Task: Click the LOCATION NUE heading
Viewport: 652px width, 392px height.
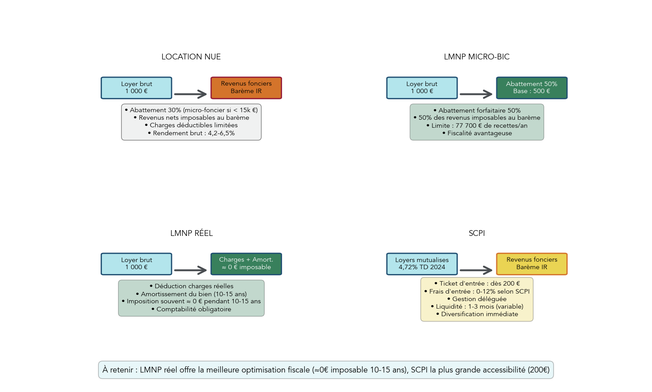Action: click(x=191, y=57)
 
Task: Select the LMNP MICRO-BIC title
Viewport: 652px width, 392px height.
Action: click(x=476, y=57)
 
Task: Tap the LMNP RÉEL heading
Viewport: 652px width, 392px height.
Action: click(x=191, y=233)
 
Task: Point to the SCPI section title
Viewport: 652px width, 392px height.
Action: click(x=476, y=233)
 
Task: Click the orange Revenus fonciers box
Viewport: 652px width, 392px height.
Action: click(x=246, y=87)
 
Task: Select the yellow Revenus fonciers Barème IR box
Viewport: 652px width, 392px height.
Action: click(x=531, y=264)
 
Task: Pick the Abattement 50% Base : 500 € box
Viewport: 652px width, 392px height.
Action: click(x=531, y=87)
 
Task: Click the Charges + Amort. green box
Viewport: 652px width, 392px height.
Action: click(x=246, y=264)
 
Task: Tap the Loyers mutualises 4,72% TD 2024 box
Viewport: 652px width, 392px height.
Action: click(x=422, y=264)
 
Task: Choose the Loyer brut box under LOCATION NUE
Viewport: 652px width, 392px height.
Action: click(x=137, y=87)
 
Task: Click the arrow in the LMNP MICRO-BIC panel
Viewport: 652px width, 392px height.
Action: click(x=476, y=94)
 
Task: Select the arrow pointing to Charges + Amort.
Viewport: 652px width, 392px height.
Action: click(x=190, y=270)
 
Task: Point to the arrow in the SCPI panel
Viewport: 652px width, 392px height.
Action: click(x=476, y=270)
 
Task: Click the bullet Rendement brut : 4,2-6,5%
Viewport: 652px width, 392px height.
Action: click(x=191, y=133)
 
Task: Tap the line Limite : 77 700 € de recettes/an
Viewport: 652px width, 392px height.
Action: click(x=477, y=125)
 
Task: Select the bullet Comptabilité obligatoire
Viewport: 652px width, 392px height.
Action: click(x=191, y=309)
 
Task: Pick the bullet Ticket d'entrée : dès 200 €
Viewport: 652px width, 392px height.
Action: click(x=477, y=283)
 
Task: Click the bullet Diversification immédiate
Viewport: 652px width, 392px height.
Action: click(x=477, y=314)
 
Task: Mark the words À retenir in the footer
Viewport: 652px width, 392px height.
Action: click(x=118, y=370)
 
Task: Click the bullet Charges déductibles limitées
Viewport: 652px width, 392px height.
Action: click(x=191, y=125)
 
